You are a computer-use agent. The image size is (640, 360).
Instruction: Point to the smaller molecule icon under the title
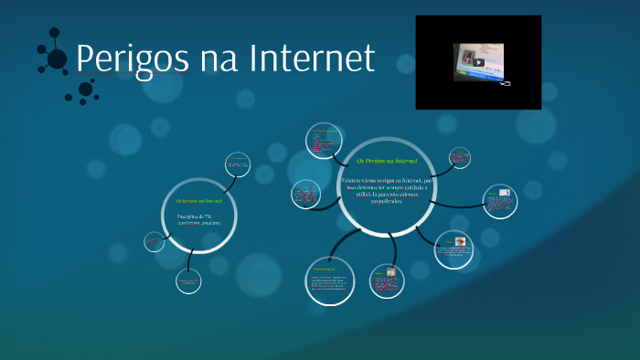(84, 90)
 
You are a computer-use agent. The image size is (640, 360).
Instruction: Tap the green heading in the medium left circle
(198, 200)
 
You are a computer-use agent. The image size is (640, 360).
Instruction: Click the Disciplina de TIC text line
(195, 216)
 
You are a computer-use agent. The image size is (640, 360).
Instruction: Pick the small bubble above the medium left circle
(238, 164)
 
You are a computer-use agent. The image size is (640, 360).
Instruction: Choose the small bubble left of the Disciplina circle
(154, 241)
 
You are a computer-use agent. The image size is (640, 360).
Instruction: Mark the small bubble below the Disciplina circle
(188, 281)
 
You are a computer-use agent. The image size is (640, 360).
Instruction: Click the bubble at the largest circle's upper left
(322, 142)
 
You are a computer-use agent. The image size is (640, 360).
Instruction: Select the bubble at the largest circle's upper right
(459, 158)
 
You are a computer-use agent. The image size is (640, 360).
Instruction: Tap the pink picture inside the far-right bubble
(504, 195)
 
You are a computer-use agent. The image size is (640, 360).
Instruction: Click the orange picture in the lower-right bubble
(461, 242)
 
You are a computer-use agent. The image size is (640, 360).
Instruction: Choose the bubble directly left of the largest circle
(304, 194)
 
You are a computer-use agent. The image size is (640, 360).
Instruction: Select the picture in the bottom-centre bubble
(390, 273)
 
